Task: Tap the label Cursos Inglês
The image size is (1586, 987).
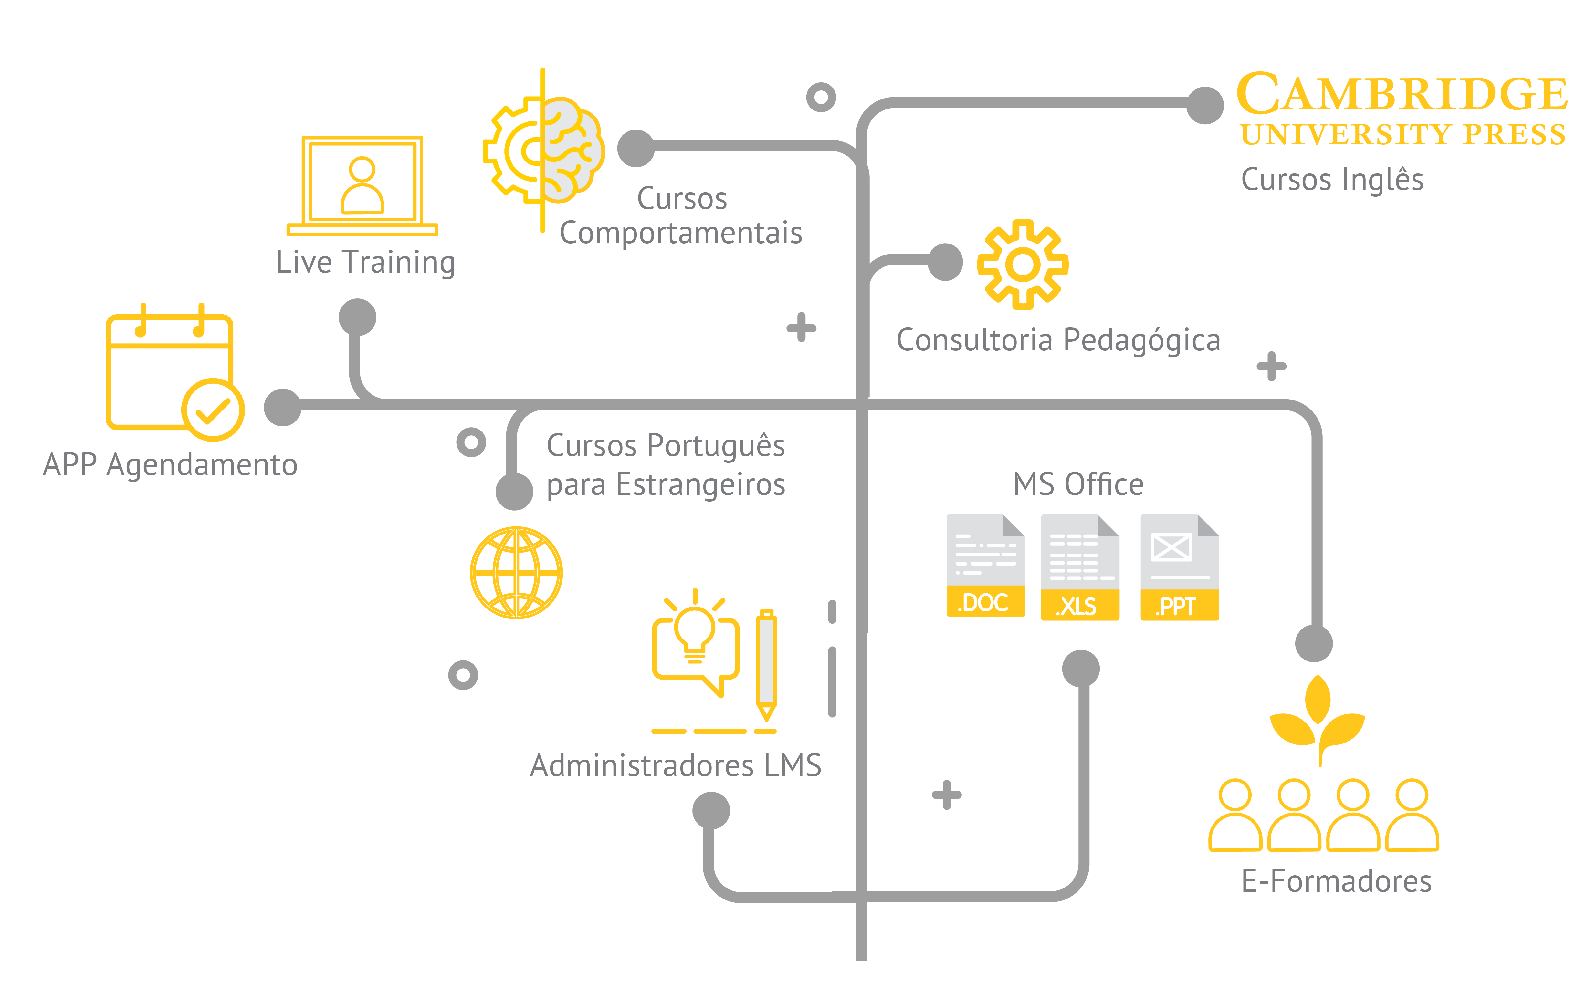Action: [x=1332, y=180]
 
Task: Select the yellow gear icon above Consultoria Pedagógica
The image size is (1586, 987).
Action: [x=1023, y=265]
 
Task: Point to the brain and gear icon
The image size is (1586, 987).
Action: [x=543, y=150]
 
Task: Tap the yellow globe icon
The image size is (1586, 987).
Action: [x=516, y=573]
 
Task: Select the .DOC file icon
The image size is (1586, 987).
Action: [x=985, y=565]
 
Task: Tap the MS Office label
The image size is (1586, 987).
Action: [x=1078, y=484]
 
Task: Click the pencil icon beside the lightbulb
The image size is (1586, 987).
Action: [x=767, y=665]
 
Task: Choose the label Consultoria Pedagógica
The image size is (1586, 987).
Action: [x=1058, y=340]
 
